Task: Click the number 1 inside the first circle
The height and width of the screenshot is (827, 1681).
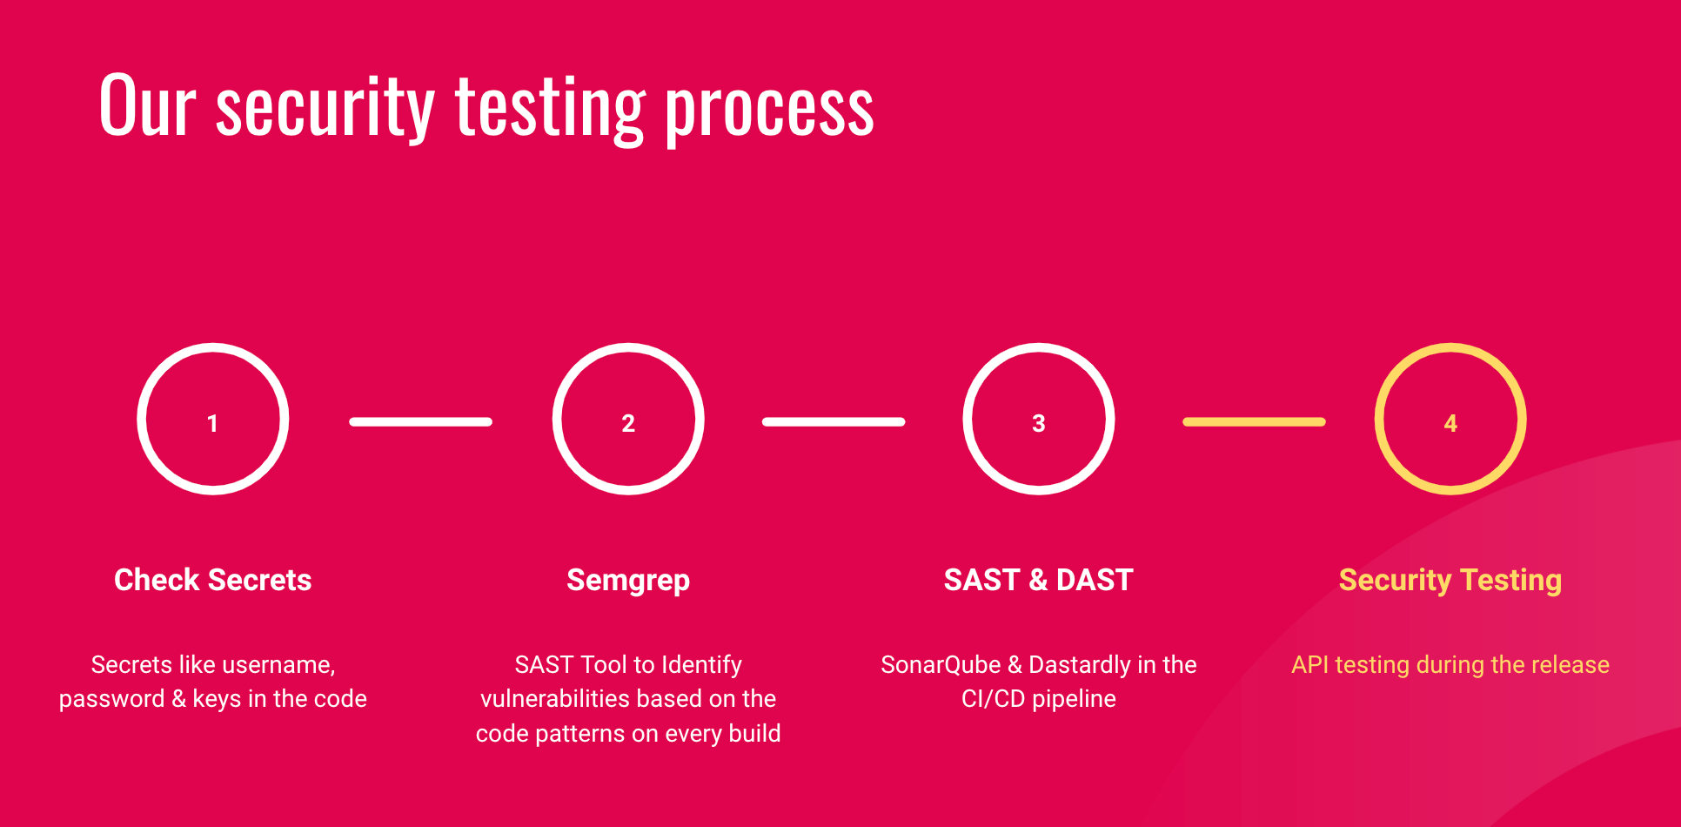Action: pyautogui.click(x=212, y=423)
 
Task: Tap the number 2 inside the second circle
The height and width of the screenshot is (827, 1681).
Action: pyautogui.click(x=628, y=423)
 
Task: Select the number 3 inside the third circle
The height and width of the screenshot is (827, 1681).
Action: pyautogui.click(x=1038, y=423)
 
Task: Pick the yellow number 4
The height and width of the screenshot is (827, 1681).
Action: pyautogui.click(x=1450, y=423)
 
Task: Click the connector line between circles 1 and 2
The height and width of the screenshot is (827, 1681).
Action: pyautogui.click(x=421, y=422)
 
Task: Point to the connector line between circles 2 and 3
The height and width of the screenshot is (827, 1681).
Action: pyautogui.click(x=834, y=422)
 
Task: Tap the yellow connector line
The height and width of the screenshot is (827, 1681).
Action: pyautogui.click(x=1254, y=422)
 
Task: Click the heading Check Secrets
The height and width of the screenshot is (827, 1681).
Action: pyautogui.click(x=213, y=580)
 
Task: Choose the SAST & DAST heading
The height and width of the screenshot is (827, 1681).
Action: pyautogui.click(x=1039, y=580)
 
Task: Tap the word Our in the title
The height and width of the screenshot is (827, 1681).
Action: pyautogui.click(x=148, y=105)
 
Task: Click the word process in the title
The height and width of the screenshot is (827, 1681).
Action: pyautogui.click(x=770, y=111)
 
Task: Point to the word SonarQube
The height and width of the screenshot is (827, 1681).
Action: pyautogui.click(x=941, y=665)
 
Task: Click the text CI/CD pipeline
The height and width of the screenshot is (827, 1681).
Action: pyautogui.click(x=1039, y=699)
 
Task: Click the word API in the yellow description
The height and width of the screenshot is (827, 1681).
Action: pyautogui.click(x=1310, y=665)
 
